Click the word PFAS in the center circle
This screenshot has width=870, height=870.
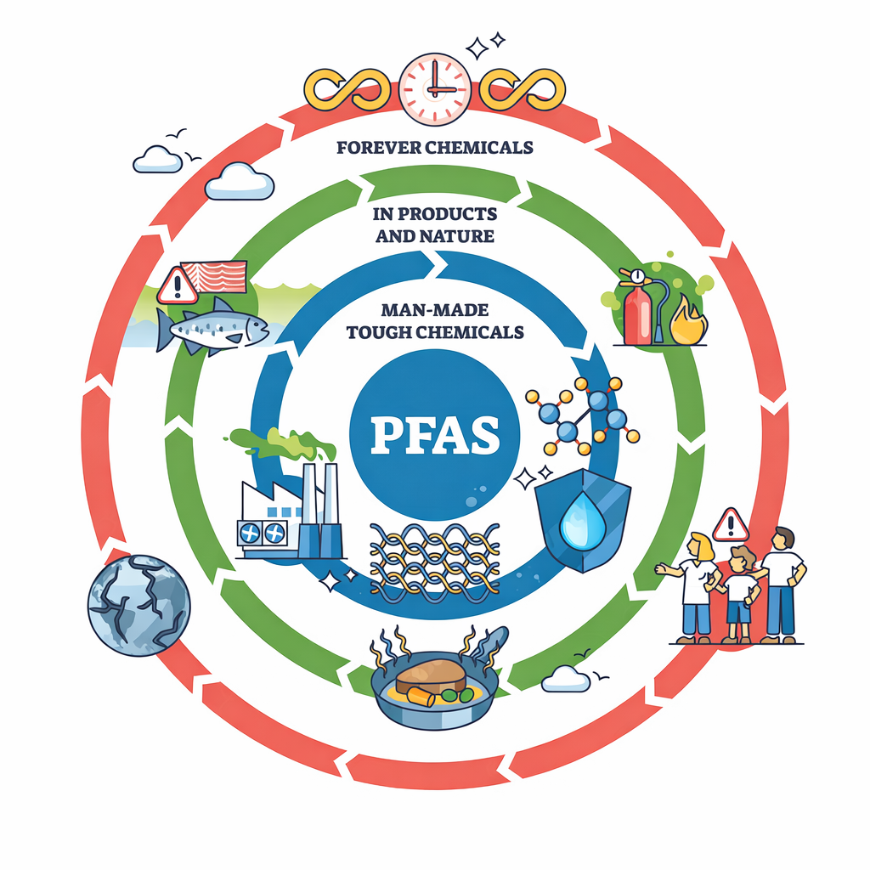click(x=435, y=434)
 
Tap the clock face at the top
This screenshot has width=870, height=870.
click(x=435, y=88)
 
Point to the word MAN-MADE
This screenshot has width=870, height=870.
click(x=435, y=309)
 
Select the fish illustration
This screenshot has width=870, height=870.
click(x=212, y=327)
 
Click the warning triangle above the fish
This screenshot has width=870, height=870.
click(x=178, y=285)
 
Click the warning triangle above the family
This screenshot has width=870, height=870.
click(x=731, y=525)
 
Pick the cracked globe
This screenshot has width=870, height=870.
click(x=138, y=605)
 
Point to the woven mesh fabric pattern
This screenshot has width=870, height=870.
click(x=435, y=562)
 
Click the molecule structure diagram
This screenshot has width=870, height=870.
click(x=583, y=416)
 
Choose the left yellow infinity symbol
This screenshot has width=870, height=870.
click(x=347, y=88)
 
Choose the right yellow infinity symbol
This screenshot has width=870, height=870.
click(x=523, y=88)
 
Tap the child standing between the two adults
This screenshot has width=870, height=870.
click(x=738, y=595)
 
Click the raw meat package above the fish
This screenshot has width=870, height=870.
click(x=213, y=276)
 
